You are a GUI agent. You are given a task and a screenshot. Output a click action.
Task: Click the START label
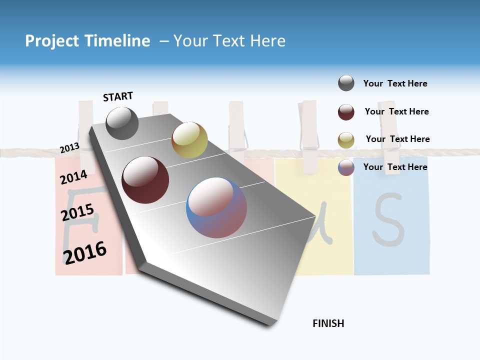point(118,96)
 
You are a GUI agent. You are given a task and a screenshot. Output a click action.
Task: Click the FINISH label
point(328,323)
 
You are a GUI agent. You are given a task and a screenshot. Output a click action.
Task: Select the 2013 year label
point(69,148)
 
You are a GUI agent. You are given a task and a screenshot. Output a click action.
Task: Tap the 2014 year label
point(74,177)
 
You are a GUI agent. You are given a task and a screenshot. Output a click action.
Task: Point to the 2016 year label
point(85,252)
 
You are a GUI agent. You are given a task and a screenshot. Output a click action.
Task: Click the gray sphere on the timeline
point(122,123)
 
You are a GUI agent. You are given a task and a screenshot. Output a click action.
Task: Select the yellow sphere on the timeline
point(189,140)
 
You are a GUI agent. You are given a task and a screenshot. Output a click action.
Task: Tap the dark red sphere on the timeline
point(145,180)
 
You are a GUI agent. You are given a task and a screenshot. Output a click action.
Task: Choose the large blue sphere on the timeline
point(216,207)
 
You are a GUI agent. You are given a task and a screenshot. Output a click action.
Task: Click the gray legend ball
point(346,83)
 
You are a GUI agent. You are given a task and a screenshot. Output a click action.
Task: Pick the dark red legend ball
point(346,112)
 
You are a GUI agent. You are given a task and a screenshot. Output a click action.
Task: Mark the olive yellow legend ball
point(346,140)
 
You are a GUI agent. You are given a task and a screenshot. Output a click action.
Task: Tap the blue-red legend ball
point(346,167)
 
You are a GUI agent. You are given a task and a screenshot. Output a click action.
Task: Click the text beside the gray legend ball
point(395,83)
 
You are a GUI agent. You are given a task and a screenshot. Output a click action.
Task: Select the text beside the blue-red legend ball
point(395,167)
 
